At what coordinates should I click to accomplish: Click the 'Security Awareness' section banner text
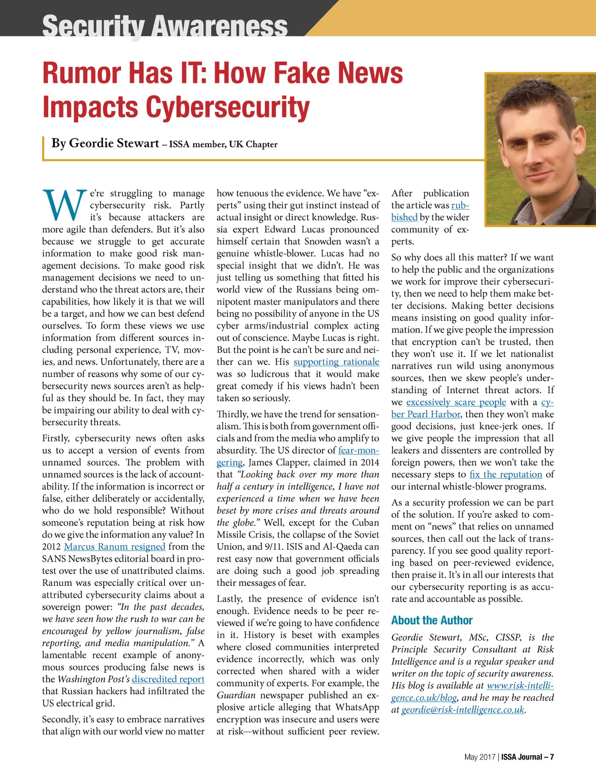165,26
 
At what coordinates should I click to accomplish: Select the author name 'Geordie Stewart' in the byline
113,143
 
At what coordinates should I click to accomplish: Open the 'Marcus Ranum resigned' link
115,546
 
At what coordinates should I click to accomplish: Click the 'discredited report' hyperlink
168,679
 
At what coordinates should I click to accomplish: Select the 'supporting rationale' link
336,362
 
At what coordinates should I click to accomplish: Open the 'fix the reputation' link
505,474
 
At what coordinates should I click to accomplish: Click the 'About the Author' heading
431,620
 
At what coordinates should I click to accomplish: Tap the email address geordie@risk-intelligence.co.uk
463,709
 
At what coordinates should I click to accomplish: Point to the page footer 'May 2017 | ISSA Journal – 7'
509,757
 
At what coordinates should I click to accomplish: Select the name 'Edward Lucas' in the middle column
292,229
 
